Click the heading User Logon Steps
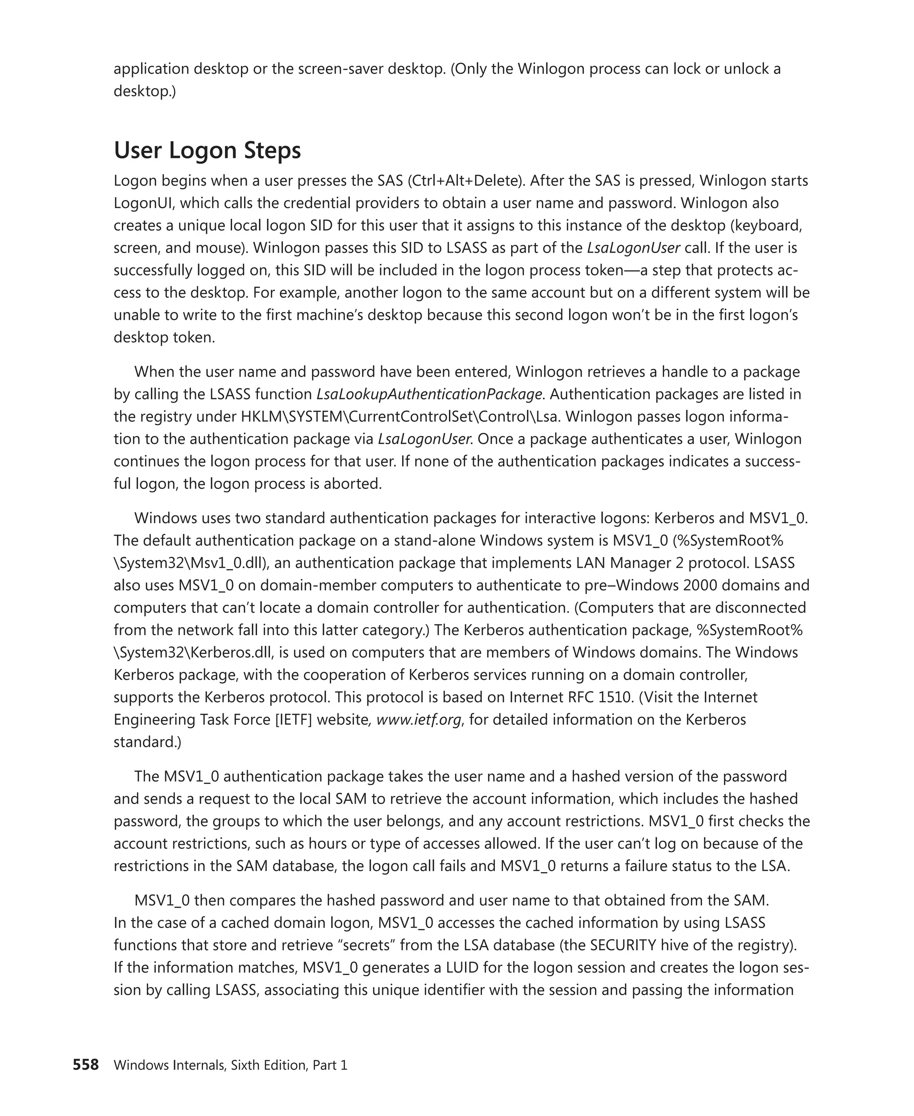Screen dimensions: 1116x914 tap(207, 150)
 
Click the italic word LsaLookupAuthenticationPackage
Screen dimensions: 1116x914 tap(429, 394)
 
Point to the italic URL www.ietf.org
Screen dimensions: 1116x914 tap(419, 720)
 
